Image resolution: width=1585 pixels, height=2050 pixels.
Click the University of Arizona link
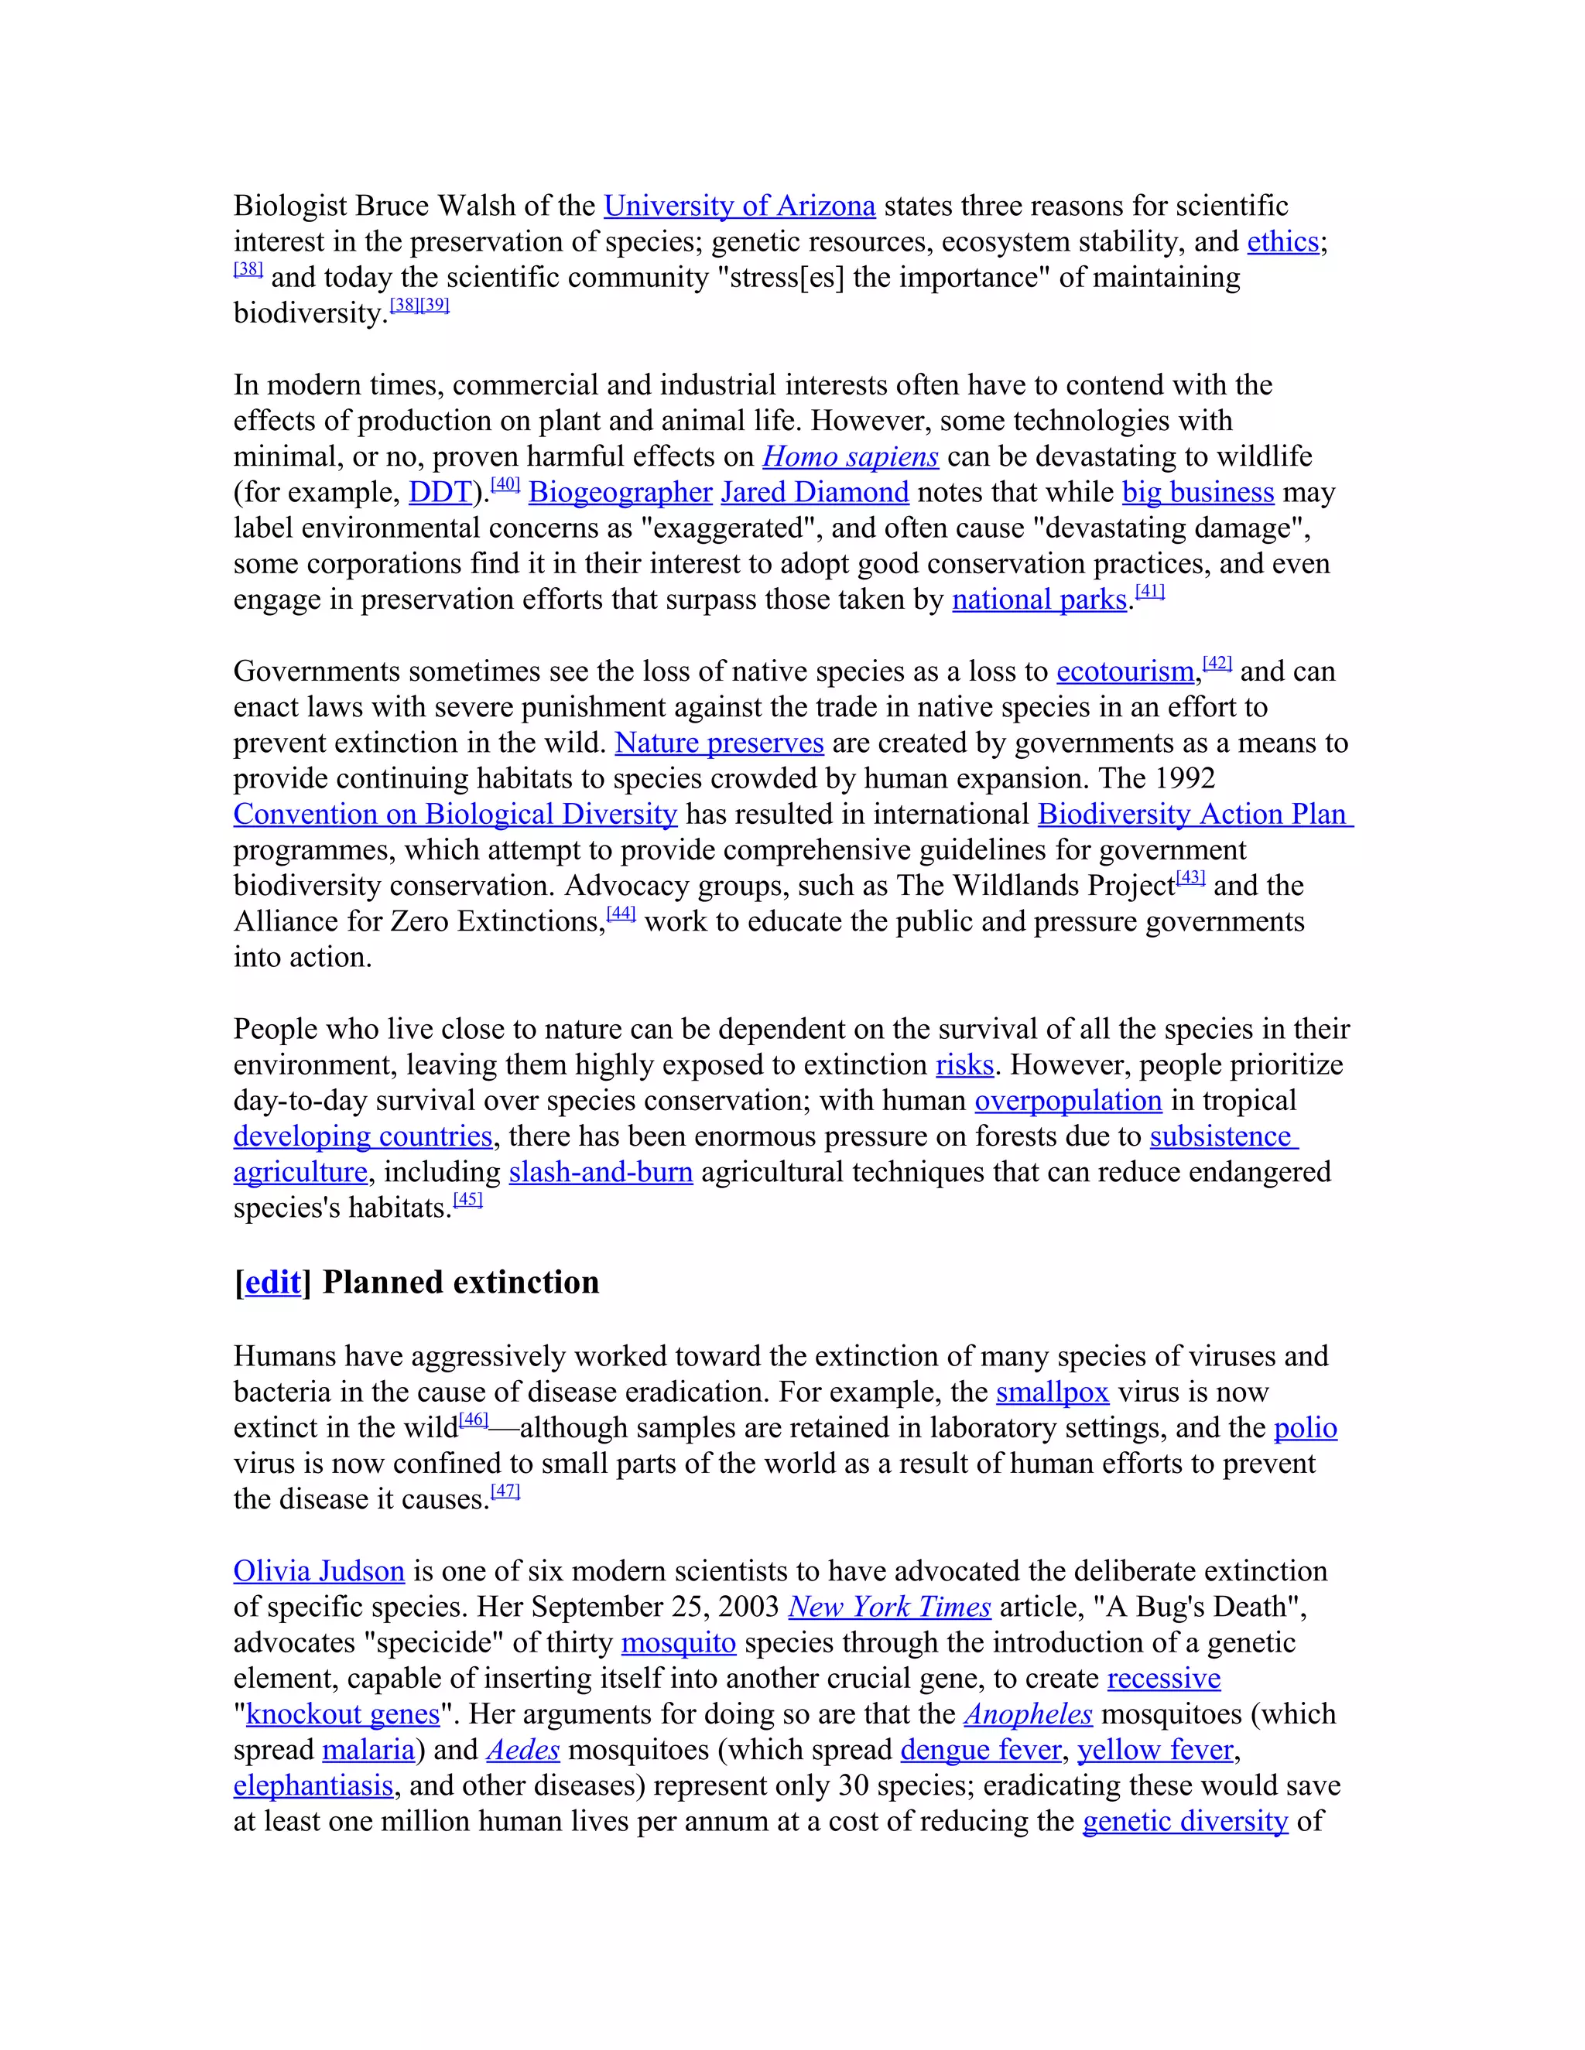pyautogui.click(x=739, y=206)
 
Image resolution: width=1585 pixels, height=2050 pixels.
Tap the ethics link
pyautogui.click(x=1282, y=241)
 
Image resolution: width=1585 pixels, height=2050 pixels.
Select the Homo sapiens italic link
pyautogui.click(x=850, y=456)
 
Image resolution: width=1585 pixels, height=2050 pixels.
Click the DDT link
pyautogui.click(x=440, y=492)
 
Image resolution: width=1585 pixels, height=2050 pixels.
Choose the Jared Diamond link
pyautogui.click(x=814, y=492)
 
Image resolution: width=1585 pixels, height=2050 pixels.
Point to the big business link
pyautogui.click(x=1197, y=492)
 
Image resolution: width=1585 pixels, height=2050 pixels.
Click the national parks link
pyautogui.click(x=1039, y=599)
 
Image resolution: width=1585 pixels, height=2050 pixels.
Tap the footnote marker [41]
pyautogui.click(x=1149, y=591)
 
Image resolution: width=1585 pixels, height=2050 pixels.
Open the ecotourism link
pyautogui.click(x=1125, y=671)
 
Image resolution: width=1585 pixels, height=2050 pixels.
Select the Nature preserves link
pyautogui.click(x=719, y=743)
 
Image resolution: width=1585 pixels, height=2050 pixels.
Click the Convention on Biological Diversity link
pyautogui.click(x=455, y=814)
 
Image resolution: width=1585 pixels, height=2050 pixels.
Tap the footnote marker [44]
pyautogui.click(x=621, y=914)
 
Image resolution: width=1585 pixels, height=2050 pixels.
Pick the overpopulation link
pyautogui.click(x=1067, y=1100)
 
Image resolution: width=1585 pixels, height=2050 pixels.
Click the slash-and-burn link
pyautogui.click(x=601, y=1171)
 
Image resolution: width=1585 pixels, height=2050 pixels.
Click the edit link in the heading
pyautogui.click(x=272, y=1282)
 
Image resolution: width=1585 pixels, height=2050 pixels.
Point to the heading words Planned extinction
pyautogui.click(x=460, y=1282)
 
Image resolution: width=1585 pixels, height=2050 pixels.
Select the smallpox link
pyautogui.click(x=1052, y=1392)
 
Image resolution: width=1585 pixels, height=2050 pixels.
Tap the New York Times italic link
pyautogui.click(x=889, y=1607)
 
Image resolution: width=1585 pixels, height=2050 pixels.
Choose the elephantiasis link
pyautogui.click(x=313, y=1785)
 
